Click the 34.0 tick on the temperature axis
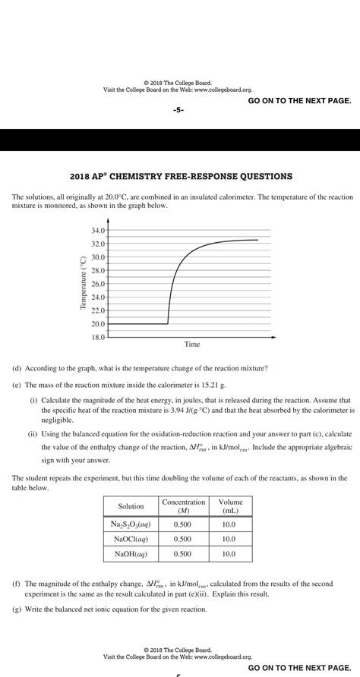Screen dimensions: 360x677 tap(98, 230)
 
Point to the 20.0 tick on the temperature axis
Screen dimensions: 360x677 tap(98, 324)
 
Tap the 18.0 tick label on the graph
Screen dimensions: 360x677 tap(98, 337)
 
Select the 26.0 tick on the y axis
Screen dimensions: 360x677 tap(98, 284)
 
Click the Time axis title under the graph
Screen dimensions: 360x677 tap(192, 345)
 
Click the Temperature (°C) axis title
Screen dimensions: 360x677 tap(83, 282)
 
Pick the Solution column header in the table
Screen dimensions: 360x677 tap(131, 506)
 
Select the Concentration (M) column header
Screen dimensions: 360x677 tap(183, 506)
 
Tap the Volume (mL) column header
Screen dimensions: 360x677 tap(230, 506)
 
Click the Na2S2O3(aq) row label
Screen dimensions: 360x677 tap(131, 524)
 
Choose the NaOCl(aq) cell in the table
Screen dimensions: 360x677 tap(131, 539)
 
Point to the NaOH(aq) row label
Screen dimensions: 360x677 tap(131, 554)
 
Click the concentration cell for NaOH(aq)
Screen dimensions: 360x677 tap(183, 554)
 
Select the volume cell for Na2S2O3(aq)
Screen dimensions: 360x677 tap(230, 524)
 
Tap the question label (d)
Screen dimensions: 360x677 tap(17, 368)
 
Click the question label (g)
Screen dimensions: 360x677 tap(17, 609)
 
